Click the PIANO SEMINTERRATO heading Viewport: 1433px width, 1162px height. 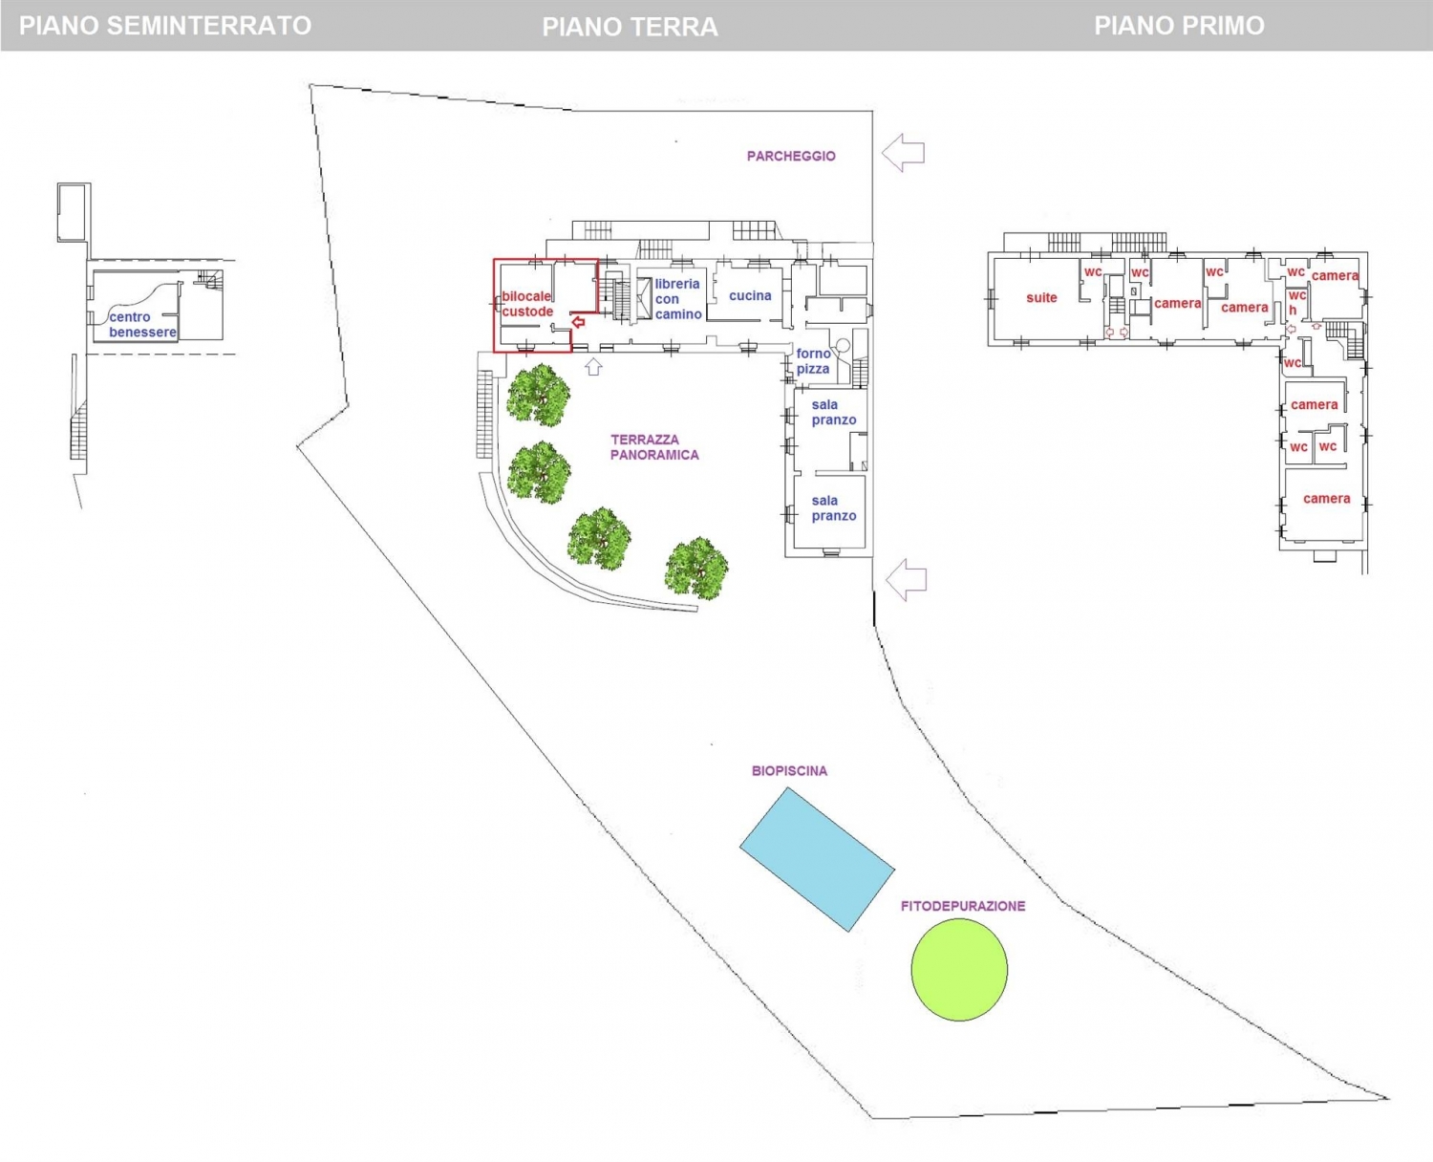165,26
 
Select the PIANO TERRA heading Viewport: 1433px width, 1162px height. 630,27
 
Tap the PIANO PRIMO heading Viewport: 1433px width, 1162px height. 1179,26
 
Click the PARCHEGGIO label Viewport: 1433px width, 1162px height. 791,156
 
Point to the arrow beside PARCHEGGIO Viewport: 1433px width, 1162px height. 903,153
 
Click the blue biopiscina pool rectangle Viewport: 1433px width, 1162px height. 817,859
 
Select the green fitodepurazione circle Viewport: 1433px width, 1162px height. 959,969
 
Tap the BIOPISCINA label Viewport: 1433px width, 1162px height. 789,771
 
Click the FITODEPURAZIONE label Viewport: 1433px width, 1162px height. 963,906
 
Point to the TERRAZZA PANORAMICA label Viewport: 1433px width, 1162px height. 654,447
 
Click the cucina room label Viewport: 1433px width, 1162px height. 750,296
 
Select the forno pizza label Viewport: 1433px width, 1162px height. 813,361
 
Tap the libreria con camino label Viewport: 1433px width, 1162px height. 678,299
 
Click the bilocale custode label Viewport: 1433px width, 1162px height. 527,304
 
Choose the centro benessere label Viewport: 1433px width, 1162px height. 142,325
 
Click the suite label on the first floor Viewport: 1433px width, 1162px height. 1041,298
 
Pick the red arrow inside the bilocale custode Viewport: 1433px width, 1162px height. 578,322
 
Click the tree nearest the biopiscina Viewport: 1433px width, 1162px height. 696,568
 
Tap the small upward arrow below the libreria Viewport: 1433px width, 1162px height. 593,366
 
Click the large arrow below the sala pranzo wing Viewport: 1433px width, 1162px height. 906,579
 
